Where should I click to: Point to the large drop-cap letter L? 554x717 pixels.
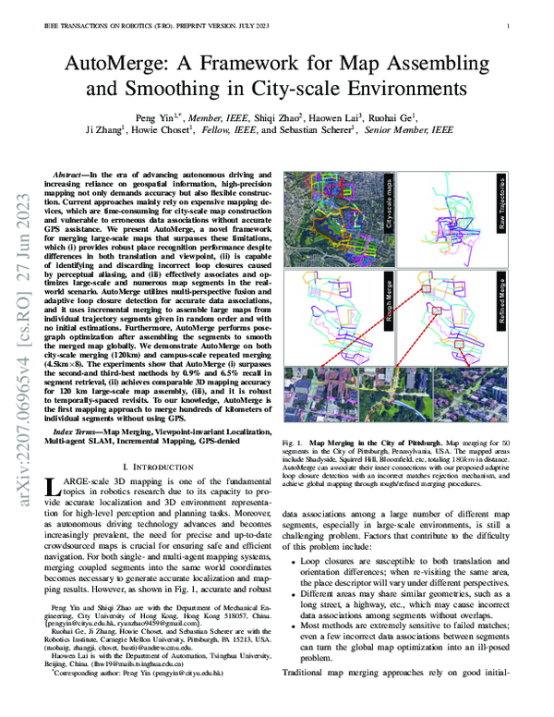(52, 488)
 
